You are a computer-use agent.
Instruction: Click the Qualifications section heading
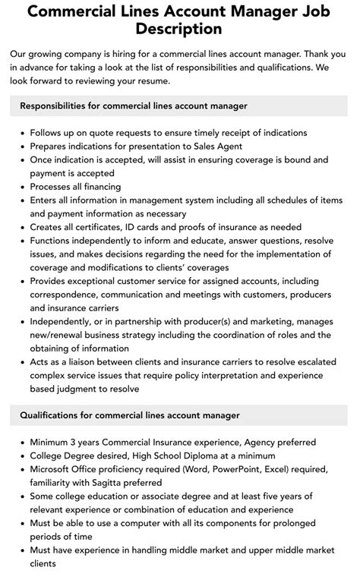point(130,415)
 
